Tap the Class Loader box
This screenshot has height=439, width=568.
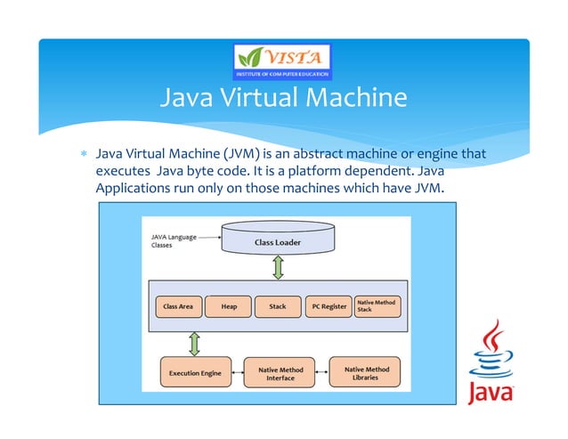[x=277, y=241]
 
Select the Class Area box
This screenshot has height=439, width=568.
[x=178, y=306]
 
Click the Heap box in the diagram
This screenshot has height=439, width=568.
[x=229, y=306]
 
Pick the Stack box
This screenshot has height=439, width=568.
[x=278, y=306]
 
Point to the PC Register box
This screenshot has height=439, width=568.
[x=328, y=306]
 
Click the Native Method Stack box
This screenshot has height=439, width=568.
[x=377, y=305]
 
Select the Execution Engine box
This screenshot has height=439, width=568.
[x=195, y=373]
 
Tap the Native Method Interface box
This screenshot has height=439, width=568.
[x=280, y=373]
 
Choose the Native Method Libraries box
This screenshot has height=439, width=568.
[x=365, y=372]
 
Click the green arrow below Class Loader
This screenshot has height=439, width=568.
[x=277, y=266]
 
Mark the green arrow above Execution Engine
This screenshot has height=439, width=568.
[x=191, y=344]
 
